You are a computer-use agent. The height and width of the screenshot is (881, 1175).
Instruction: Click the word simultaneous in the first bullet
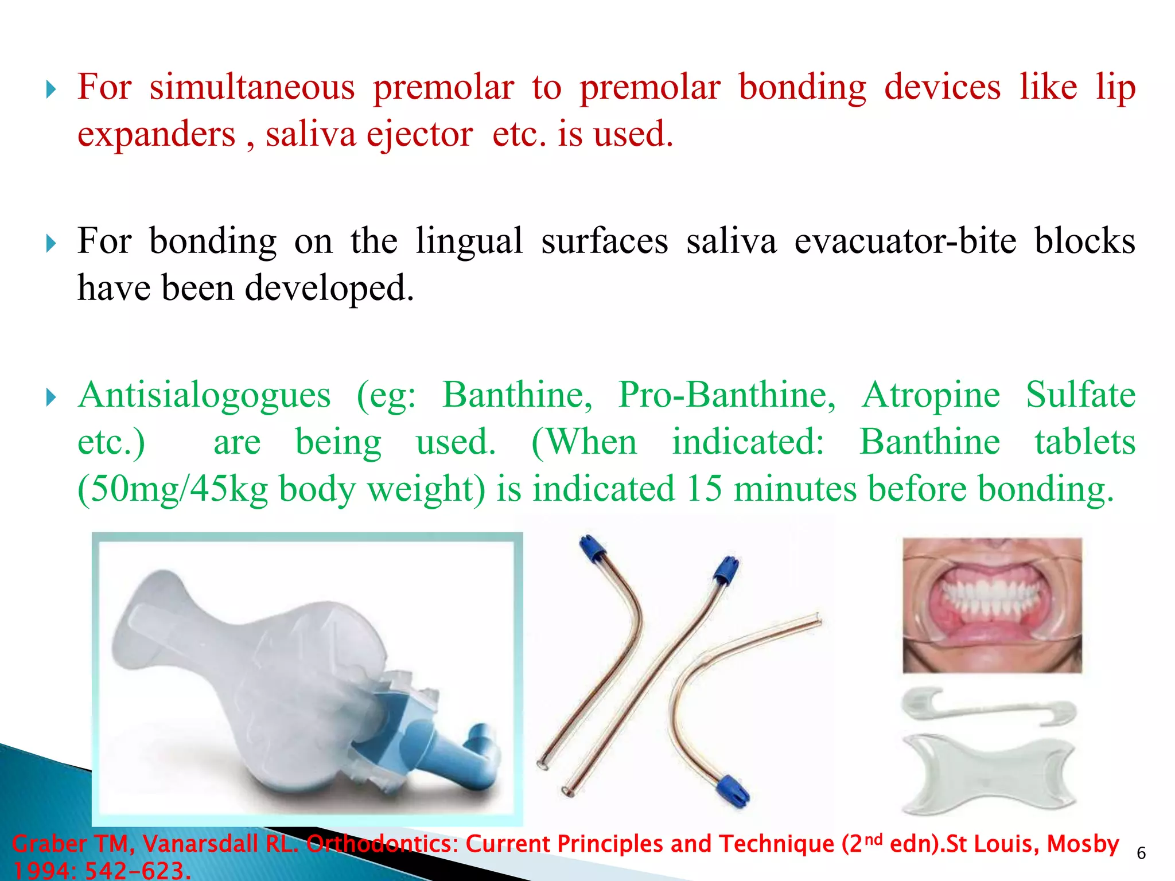pyautogui.click(x=252, y=88)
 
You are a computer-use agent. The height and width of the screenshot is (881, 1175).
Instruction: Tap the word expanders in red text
pyautogui.click(x=156, y=135)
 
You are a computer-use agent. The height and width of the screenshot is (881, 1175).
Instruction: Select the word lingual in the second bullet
pyautogui.click(x=469, y=241)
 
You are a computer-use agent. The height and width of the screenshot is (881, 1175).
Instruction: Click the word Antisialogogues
pyautogui.click(x=204, y=395)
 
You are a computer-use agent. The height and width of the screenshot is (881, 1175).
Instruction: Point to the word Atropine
pyautogui.click(x=931, y=395)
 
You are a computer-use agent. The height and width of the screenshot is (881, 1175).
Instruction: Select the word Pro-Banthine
pyautogui.click(x=726, y=395)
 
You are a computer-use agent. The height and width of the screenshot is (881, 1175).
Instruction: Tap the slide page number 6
pyautogui.click(x=1141, y=853)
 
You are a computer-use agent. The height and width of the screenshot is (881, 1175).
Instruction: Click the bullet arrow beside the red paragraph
pyautogui.click(x=51, y=89)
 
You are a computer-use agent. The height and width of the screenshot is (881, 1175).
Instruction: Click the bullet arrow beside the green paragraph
pyautogui.click(x=51, y=397)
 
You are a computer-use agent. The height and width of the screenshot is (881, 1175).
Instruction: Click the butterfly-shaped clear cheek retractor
pyautogui.click(x=988, y=774)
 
